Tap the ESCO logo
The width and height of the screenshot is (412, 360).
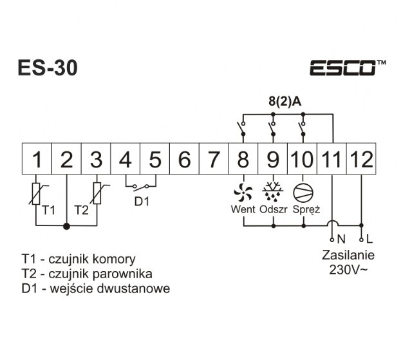[348, 68]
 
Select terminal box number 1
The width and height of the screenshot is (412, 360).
[37, 158]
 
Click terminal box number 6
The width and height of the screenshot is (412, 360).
[184, 158]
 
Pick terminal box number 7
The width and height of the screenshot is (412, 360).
[214, 158]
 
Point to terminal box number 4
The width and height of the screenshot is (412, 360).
[126, 158]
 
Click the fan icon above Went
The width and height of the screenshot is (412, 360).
[243, 191]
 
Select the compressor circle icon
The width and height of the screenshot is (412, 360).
[303, 191]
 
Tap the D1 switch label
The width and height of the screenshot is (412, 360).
[141, 200]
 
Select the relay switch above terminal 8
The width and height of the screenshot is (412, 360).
[243, 128]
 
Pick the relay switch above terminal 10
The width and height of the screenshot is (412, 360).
[303, 128]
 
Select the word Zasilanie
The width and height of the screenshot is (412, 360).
[346, 255]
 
